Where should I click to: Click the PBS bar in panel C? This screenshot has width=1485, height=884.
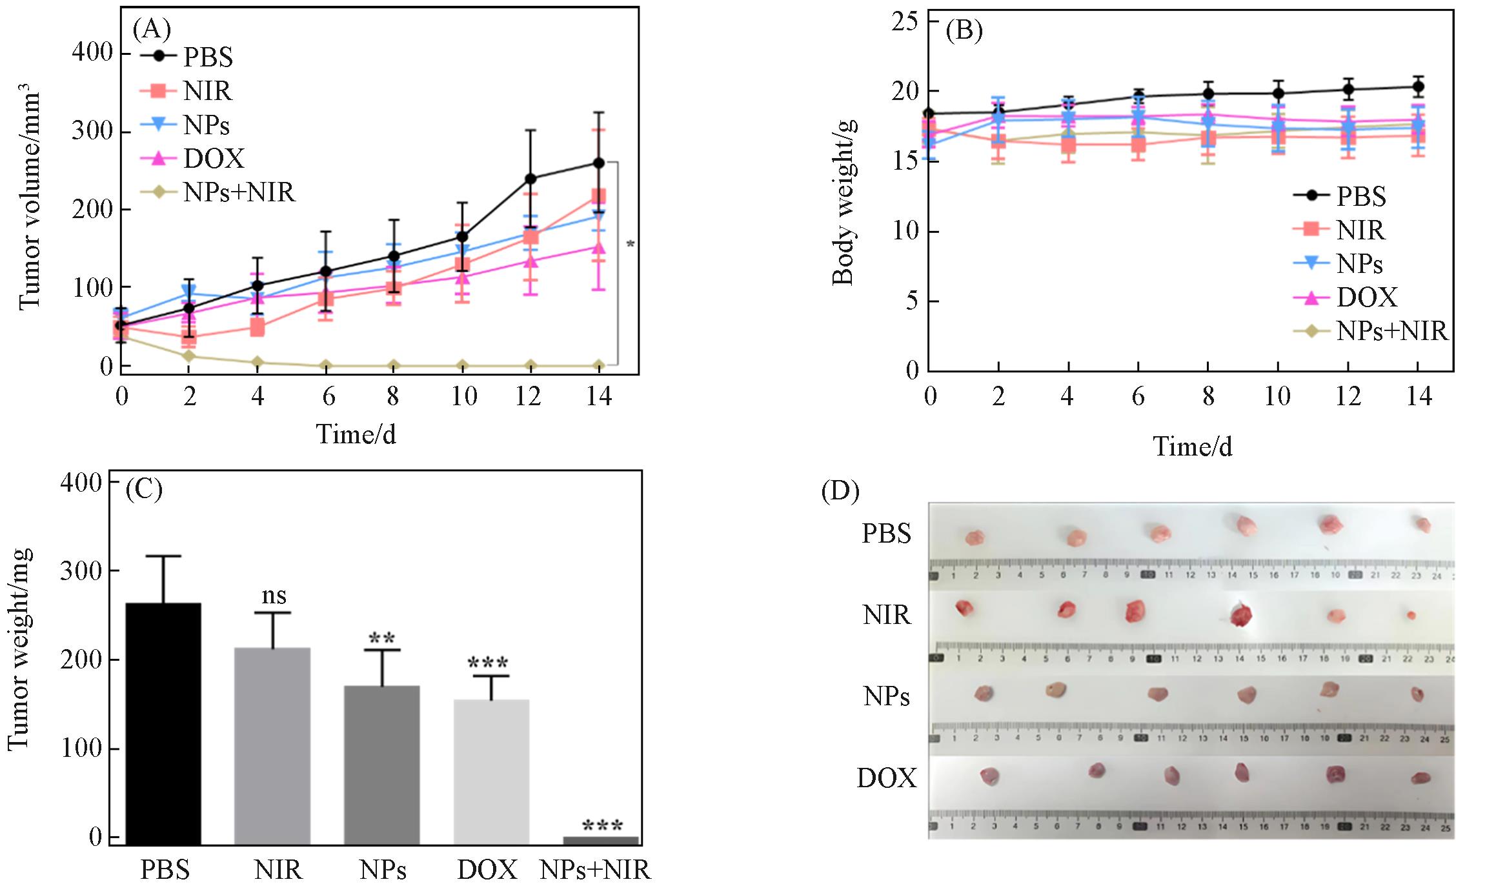(163, 723)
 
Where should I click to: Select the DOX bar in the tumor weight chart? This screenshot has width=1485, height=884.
(491, 771)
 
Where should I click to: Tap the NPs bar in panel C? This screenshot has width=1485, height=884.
(381, 765)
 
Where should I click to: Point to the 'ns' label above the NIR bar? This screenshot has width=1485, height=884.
(274, 596)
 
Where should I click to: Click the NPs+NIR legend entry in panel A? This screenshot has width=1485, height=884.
(239, 192)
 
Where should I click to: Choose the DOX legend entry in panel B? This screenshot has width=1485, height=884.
(1366, 297)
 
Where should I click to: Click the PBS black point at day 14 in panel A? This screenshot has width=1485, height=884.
(599, 163)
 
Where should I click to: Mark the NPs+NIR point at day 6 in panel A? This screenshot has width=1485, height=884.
(327, 366)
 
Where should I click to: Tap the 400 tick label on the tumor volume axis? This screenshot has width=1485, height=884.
(92, 52)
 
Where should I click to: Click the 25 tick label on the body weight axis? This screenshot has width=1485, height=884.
(905, 22)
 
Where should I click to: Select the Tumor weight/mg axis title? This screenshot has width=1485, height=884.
(19, 648)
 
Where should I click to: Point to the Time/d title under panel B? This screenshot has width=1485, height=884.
(1193, 447)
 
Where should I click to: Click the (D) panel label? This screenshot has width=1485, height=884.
(840, 492)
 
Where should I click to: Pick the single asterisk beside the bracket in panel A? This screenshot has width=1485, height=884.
(631, 245)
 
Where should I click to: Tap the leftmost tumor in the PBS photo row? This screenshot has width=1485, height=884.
(975, 537)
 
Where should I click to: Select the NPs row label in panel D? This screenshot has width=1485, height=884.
(887, 696)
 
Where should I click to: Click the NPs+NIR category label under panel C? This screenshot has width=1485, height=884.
(595, 870)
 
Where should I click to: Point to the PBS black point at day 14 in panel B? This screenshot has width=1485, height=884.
(1419, 87)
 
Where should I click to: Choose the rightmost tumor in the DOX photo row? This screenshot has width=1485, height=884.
(1420, 778)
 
